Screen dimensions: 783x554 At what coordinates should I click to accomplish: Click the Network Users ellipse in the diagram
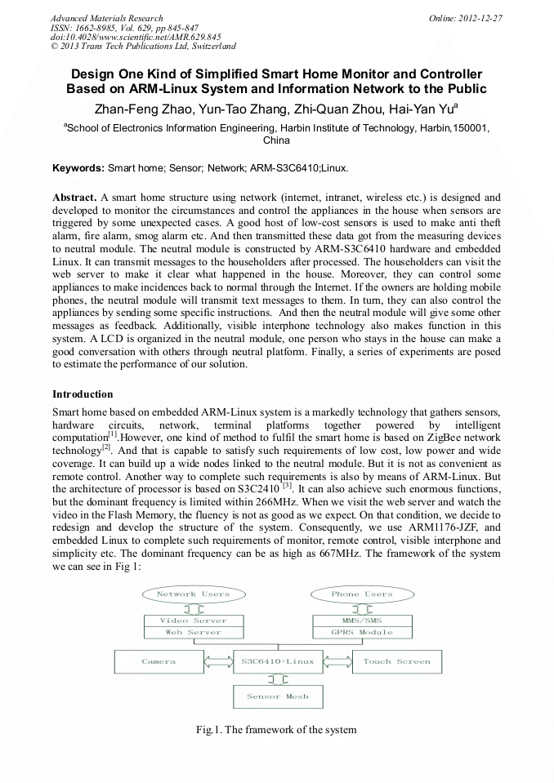(194, 594)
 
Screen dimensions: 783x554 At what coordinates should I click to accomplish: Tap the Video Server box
(194, 621)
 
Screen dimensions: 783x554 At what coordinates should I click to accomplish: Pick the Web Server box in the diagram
(194, 633)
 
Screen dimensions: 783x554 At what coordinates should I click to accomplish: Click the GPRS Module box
(362, 633)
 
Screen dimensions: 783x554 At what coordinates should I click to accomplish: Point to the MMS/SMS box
(362, 621)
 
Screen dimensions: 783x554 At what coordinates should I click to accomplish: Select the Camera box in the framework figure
(159, 661)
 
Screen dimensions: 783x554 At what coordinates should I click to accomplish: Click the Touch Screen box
(396, 661)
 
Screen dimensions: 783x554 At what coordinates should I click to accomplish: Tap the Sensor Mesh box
(278, 696)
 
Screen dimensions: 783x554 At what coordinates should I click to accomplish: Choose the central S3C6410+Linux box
(278, 661)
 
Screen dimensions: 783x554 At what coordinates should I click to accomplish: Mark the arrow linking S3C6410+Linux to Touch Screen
(337, 661)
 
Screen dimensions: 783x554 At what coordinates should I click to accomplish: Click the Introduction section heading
(83, 394)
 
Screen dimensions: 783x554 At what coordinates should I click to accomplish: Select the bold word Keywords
(78, 168)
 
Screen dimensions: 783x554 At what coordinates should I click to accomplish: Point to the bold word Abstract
(75, 198)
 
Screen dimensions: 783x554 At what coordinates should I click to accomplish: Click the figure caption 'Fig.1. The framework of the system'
(277, 729)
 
